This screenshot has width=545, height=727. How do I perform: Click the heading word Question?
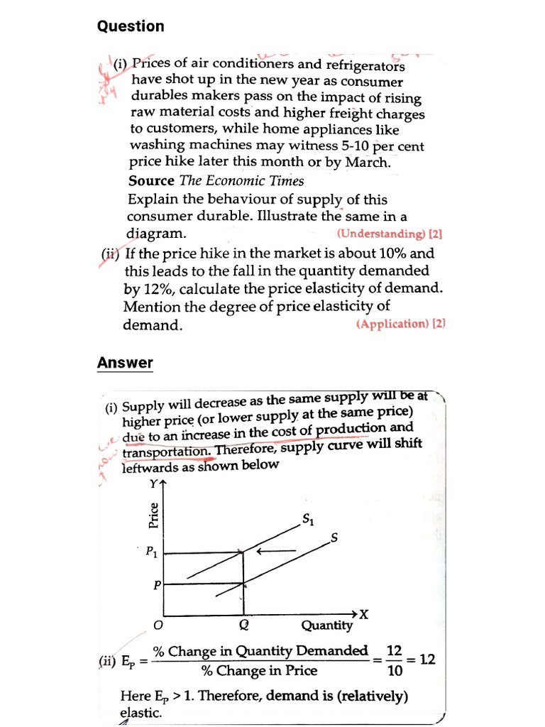coord(131,27)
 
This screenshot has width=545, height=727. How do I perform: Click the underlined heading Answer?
coord(125,363)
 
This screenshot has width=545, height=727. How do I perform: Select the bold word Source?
coord(152,181)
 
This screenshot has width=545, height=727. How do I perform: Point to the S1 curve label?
coord(309,520)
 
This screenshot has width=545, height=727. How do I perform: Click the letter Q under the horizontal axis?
coord(243,625)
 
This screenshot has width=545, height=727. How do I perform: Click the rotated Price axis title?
coord(153,515)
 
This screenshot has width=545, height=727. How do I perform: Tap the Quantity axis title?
coord(326,625)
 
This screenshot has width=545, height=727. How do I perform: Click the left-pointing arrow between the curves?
coord(277,550)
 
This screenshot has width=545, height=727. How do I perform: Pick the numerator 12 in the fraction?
coord(395,650)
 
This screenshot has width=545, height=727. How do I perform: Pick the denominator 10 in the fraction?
coord(395,669)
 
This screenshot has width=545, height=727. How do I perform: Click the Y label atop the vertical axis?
coord(153,485)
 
